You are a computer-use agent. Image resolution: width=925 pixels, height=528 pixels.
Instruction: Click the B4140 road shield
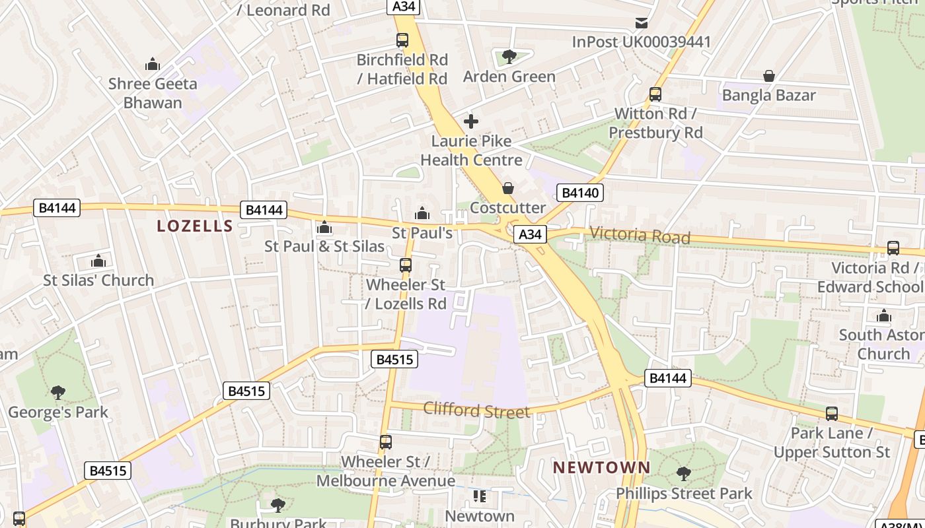coord(580,193)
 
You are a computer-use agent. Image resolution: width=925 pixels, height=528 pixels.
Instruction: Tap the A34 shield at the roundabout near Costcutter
coord(530,234)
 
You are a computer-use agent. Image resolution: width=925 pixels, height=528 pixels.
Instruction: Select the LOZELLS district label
coord(195,226)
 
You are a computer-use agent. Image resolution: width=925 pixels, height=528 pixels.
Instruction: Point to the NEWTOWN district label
coord(601,467)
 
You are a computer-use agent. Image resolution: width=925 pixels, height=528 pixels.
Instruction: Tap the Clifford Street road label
coord(476,410)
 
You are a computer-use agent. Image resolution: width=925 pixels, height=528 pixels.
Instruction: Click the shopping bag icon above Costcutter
coord(508,189)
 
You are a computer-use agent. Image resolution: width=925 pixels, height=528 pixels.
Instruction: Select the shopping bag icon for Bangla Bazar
coord(768,76)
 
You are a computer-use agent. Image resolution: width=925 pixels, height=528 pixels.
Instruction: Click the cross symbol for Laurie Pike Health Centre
coord(471,121)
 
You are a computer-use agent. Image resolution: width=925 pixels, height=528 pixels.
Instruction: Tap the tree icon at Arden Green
coord(509,57)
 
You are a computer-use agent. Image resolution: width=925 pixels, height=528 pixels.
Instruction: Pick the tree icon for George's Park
coord(58,393)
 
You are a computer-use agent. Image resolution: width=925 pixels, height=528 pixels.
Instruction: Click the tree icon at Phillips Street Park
coord(684,474)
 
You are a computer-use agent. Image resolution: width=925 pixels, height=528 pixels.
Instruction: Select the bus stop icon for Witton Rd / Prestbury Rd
coord(655,94)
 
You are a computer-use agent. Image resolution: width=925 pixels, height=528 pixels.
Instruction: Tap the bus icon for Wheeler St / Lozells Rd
coord(406,265)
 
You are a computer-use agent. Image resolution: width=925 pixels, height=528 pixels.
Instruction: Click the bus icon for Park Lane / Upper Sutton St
coord(831,414)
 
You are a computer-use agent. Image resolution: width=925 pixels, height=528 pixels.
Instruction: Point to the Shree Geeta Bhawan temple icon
coord(153,64)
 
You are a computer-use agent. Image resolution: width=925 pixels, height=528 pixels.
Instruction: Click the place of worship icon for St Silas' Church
coord(98,261)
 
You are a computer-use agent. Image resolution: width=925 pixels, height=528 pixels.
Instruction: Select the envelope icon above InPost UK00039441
coord(641,23)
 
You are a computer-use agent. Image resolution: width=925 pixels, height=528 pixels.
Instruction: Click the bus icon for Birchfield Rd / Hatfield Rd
coord(402,40)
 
